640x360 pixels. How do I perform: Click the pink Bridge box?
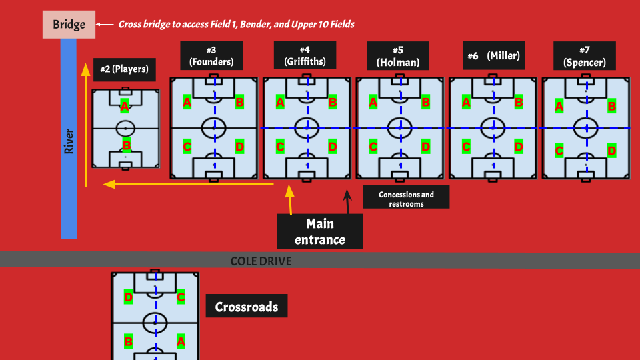click(x=69, y=25)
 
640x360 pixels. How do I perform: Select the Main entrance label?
click(x=320, y=231)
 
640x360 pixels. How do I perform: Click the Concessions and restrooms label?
click(x=406, y=198)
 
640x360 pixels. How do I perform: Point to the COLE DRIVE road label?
click(x=261, y=261)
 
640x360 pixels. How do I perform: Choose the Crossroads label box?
click(x=246, y=307)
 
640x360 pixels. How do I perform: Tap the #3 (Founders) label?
click(x=211, y=56)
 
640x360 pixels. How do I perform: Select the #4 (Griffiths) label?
click(x=304, y=56)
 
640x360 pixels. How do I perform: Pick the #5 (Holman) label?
click(x=398, y=56)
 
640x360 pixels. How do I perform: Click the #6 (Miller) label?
click(x=493, y=56)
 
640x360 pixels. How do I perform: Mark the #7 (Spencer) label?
click(x=584, y=56)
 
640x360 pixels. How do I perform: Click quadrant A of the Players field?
click(x=125, y=106)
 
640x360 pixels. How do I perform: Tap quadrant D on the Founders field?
click(x=239, y=147)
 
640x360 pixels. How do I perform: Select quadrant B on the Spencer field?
click(x=611, y=106)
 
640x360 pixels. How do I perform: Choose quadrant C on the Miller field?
click(x=467, y=147)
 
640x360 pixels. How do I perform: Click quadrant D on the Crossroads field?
click(x=129, y=297)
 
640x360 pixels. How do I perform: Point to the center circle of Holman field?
click(x=399, y=127)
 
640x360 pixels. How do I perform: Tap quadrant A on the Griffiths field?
click(x=280, y=103)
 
